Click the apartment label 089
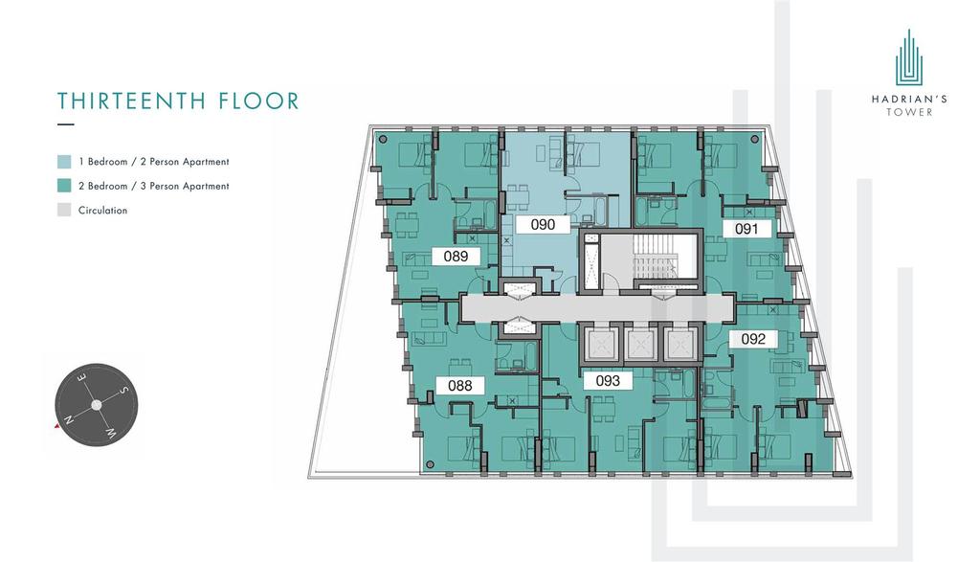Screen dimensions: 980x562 (x=457, y=256)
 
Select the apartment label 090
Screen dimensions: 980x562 (x=543, y=224)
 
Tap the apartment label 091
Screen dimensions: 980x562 (x=746, y=229)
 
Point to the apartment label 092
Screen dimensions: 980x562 (x=753, y=339)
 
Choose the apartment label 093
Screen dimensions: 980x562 (x=608, y=381)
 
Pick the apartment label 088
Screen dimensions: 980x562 (x=460, y=386)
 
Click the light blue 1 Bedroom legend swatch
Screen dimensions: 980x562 (x=64, y=161)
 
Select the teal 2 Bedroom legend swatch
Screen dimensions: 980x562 (x=64, y=186)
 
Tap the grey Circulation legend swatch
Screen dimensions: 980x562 (x=64, y=210)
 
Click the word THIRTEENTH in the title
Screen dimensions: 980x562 (x=132, y=101)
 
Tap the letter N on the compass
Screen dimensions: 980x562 (x=69, y=419)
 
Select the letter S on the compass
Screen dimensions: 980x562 (x=123, y=391)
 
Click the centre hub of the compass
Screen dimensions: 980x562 (x=97, y=405)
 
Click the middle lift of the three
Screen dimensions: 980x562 (x=640, y=345)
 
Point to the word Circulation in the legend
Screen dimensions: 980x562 (x=102, y=211)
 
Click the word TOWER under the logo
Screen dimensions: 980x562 (x=909, y=113)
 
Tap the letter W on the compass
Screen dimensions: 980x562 (x=110, y=433)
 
